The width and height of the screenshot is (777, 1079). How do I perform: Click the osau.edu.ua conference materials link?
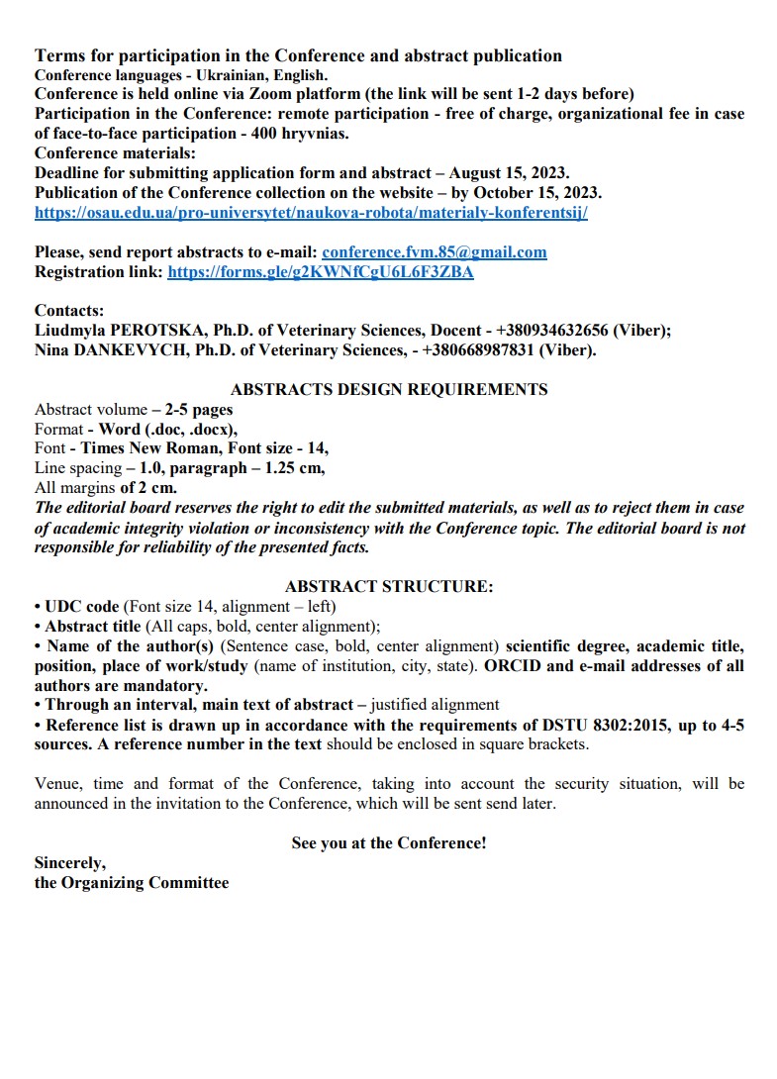(311, 212)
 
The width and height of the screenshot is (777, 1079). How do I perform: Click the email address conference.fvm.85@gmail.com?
(435, 252)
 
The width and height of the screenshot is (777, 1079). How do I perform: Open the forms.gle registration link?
(321, 272)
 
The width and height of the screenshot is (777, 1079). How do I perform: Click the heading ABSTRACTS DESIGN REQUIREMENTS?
(389, 389)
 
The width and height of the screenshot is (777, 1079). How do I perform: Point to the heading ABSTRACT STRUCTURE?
(388, 586)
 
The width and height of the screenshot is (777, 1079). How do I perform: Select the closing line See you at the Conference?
(388, 843)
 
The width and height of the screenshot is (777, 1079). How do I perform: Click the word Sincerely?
(69, 863)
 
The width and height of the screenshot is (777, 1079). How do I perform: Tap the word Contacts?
(69, 311)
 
